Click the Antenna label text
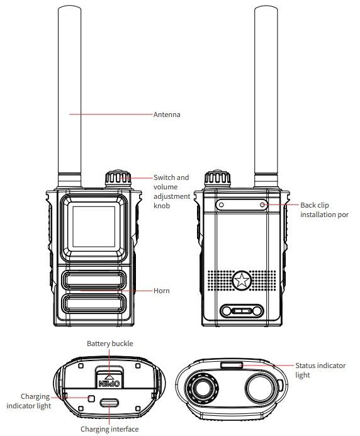pos(167,115)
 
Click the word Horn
pos(162,291)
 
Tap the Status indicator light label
pos(318,369)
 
